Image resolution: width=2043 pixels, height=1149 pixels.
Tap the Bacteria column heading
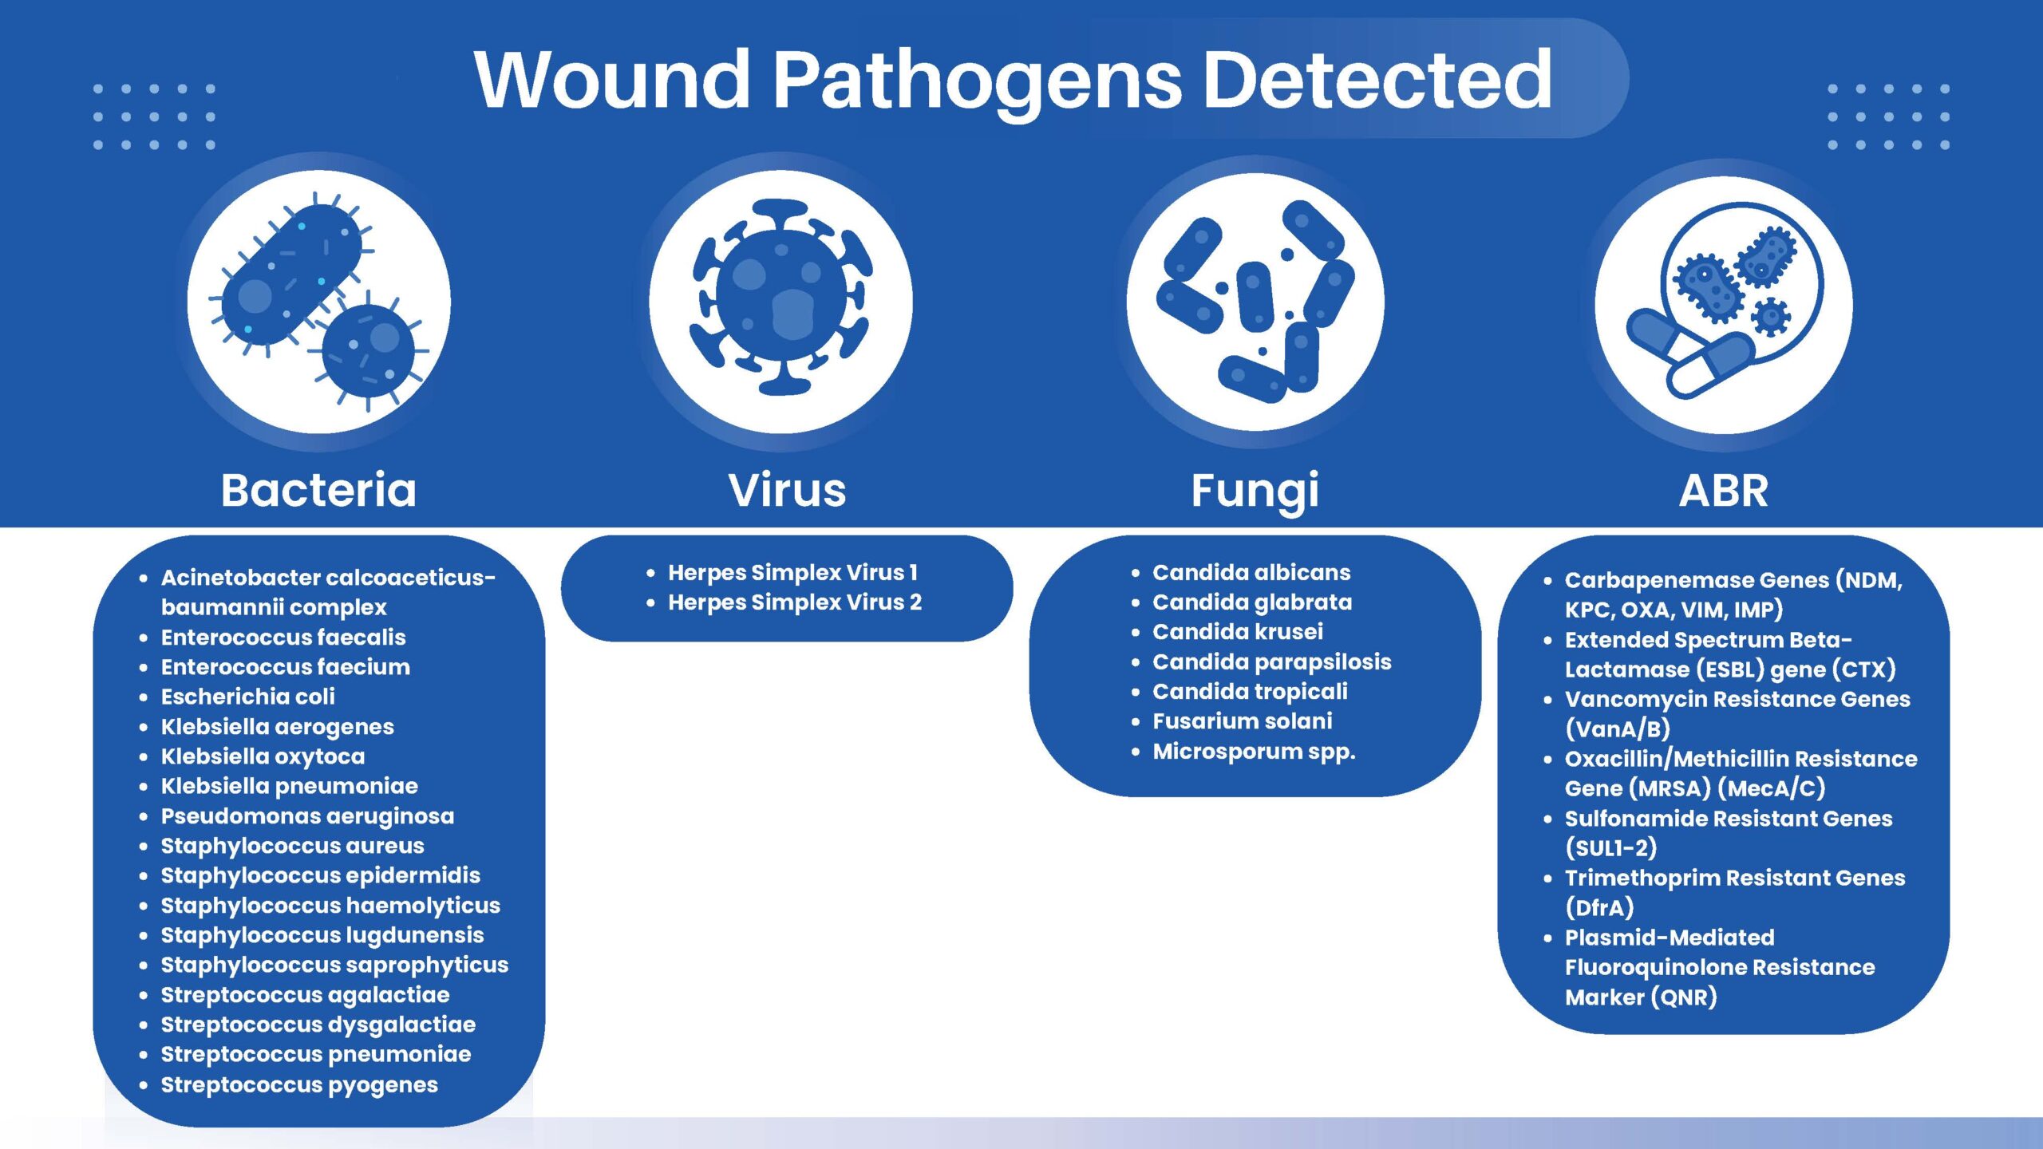(318, 490)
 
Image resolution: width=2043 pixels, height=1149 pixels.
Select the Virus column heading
(787, 490)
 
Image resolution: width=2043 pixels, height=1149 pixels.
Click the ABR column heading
(1724, 491)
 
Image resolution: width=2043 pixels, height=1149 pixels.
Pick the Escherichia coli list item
(248, 697)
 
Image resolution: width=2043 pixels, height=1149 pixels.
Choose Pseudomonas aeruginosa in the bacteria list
(308, 816)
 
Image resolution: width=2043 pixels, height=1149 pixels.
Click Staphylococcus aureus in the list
(293, 846)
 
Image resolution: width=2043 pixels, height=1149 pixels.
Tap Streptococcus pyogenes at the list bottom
(299, 1085)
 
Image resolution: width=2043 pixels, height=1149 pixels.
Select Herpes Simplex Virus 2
(795, 602)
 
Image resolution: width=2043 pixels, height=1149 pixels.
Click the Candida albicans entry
(1251, 572)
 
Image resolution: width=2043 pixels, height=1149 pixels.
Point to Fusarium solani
(1243, 721)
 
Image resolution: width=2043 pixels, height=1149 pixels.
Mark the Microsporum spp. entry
(1254, 752)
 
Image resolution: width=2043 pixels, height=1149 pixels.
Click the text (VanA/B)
(1618, 728)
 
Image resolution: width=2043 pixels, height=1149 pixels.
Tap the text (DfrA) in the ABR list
(1599, 907)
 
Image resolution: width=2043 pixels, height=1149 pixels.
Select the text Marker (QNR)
(1641, 997)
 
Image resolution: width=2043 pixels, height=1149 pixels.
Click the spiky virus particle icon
(781, 298)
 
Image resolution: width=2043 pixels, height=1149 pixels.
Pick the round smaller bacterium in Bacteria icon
(368, 351)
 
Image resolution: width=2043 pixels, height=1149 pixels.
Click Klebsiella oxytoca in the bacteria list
(263, 756)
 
